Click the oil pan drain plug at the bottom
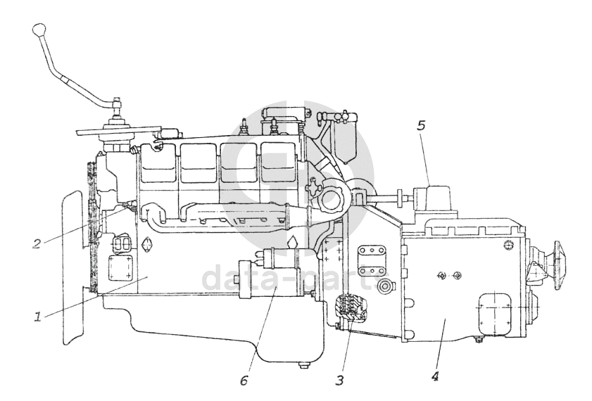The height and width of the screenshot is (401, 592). tap(303, 365)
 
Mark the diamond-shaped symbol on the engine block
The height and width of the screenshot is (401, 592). tap(147, 246)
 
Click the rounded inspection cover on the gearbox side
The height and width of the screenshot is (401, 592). tap(497, 311)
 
